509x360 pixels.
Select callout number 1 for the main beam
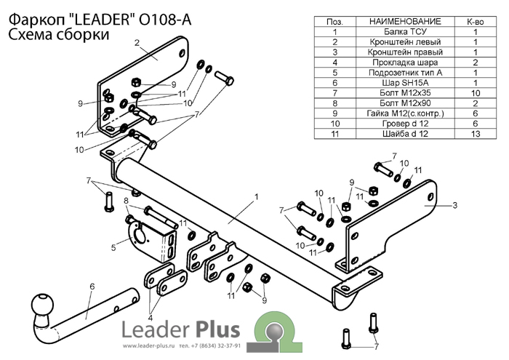click(256, 197)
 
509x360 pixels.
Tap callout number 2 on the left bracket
click(137, 43)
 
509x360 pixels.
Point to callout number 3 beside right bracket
click(454, 206)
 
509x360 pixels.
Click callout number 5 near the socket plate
click(113, 249)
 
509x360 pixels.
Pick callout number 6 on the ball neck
click(92, 287)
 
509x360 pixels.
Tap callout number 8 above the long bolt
click(127, 201)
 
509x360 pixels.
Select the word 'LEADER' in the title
click(95, 20)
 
